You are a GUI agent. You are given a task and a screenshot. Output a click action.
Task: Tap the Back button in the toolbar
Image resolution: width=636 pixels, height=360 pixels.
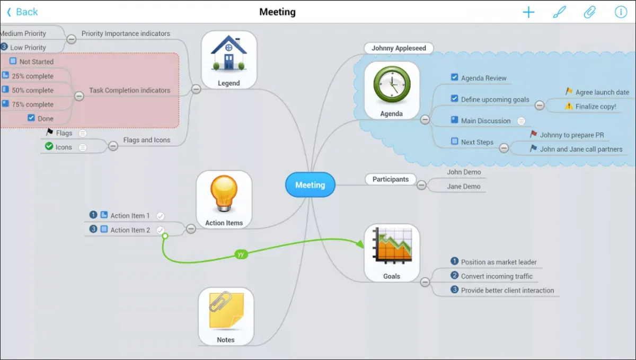[x=22, y=12]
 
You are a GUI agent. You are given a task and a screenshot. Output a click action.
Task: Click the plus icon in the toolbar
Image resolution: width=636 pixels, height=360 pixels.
[x=528, y=12]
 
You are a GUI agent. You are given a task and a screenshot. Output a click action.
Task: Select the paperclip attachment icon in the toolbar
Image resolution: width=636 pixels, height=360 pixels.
[x=589, y=12]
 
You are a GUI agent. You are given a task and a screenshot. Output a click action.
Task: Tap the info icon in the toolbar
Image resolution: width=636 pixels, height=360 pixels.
[x=621, y=12]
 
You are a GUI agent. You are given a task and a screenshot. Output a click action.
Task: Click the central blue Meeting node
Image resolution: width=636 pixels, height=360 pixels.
[x=310, y=185]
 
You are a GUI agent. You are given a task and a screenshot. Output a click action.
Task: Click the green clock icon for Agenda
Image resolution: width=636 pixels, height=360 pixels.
[x=392, y=85]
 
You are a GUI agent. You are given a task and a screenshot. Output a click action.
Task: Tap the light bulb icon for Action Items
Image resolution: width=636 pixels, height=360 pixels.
[x=224, y=195]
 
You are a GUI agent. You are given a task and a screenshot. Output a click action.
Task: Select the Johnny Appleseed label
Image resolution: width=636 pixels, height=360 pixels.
[x=399, y=48]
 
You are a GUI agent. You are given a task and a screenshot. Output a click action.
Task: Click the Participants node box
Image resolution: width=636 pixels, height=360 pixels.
[x=391, y=179]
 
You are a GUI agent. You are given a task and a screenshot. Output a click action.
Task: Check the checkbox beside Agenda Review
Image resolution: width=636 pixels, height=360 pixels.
[x=454, y=77]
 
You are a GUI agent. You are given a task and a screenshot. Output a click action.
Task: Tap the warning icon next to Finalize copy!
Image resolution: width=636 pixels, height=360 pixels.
[x=569, y=106]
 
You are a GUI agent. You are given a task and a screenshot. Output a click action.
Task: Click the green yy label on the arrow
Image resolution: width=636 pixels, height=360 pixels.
[x=241, y=254]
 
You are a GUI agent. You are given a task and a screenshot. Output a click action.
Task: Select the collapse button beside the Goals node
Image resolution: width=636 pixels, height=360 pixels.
[x=425, y=283]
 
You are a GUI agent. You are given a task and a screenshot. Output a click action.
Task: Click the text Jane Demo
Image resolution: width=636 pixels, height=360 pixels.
[x=464, y=187]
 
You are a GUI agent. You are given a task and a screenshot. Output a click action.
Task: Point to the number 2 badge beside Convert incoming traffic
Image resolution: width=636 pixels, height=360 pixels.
[x=454, y=276]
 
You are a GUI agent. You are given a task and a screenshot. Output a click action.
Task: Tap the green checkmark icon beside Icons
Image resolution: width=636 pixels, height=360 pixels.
[x=49, y=146]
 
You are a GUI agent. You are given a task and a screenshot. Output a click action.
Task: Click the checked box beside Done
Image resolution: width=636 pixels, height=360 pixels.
[x=31, y=118]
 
